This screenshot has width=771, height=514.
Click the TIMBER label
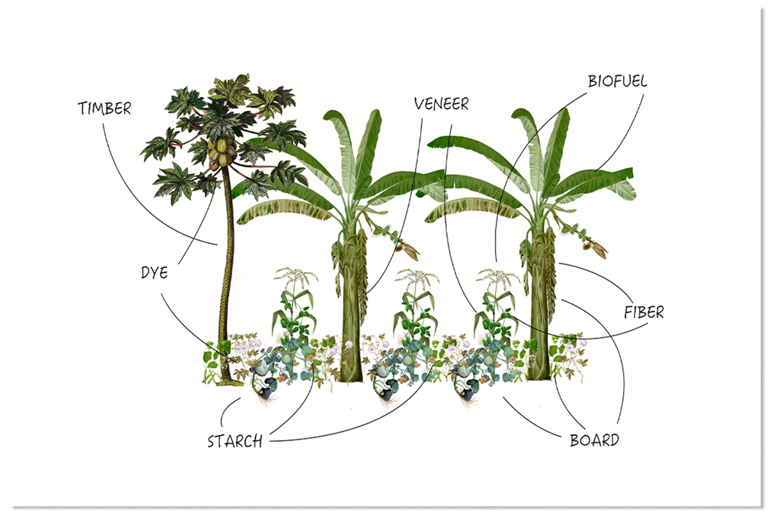pos(104,109)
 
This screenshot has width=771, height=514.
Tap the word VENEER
pos(441,103)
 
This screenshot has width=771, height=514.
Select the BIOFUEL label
pos(617,82)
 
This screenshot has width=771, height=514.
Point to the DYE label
pos(154,272)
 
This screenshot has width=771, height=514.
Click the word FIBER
pos(644,313)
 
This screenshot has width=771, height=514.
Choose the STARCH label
pos(235,441)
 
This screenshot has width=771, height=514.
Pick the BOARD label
pos(594,441)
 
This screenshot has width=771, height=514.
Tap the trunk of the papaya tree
pos(226,270)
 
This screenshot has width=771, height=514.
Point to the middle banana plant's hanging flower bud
pos(407,249)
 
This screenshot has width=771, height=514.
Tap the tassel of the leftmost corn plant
pos(296,278)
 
